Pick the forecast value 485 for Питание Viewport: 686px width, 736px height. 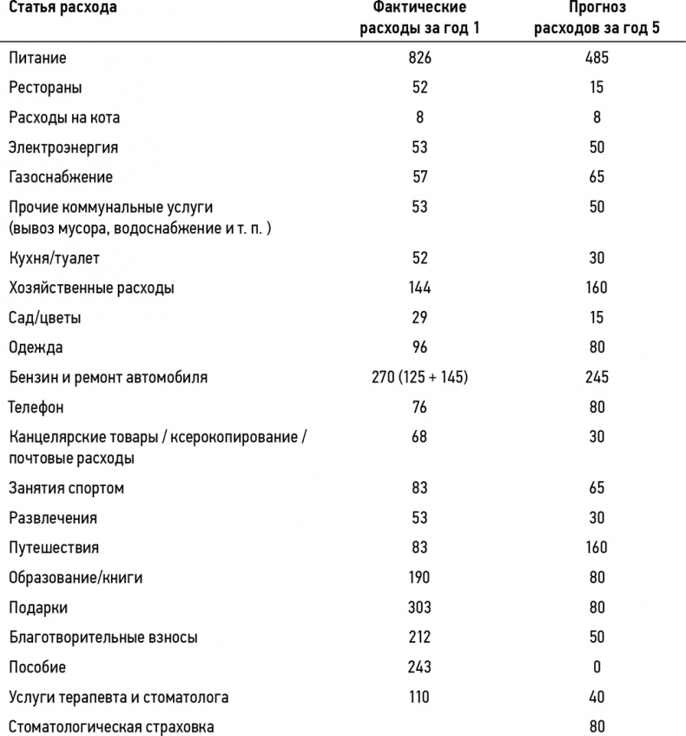coord(596,58)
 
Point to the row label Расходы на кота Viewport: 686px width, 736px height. coord(64,117)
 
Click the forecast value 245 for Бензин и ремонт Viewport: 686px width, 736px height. coord(596,377)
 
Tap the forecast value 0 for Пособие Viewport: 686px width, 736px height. coord(596,666)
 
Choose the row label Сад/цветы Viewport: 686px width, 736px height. coord(45,317)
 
